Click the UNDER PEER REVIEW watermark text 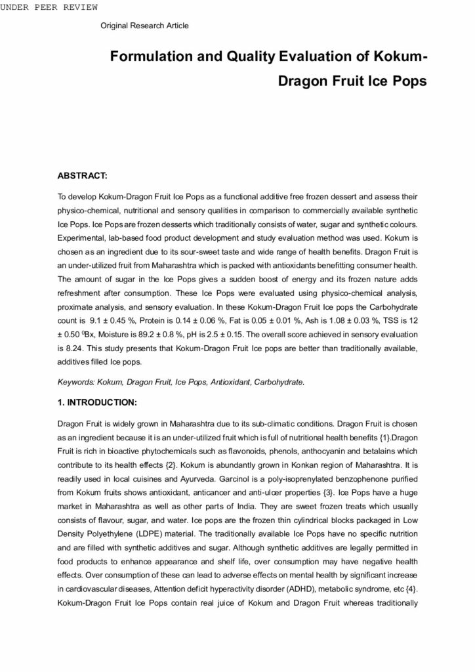(x=50, y=7)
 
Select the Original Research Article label (x=144, y=26)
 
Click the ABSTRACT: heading (x=82, y=177)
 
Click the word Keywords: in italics (x=75, y=381)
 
